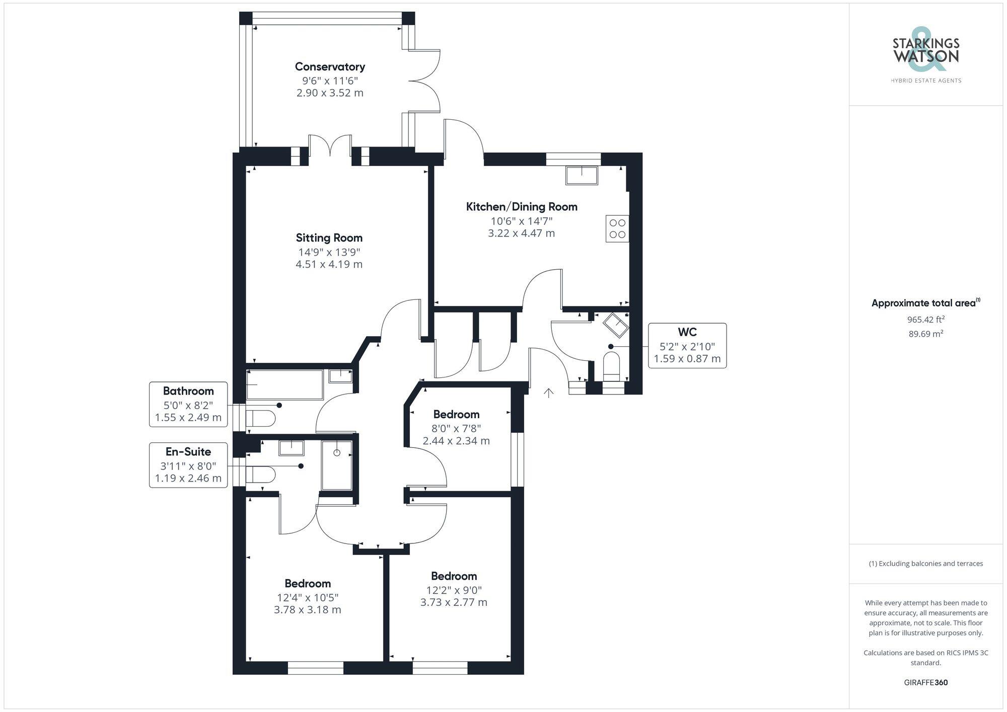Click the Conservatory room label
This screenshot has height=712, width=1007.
[330, 66]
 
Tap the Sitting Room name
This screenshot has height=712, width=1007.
[329, 238]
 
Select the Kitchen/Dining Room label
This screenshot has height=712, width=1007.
[522, 206]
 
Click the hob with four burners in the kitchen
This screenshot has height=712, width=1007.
[617, 228]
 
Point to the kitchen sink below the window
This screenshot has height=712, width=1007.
[582, 176]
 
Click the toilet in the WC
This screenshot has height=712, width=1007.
[611, 366]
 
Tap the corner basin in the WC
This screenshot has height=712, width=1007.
[616, 325]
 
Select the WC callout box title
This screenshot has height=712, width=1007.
[687, 332]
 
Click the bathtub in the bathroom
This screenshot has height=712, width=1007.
[284, 385]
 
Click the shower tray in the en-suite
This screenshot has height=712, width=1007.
[337, 465]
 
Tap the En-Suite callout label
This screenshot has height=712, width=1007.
[188, 452]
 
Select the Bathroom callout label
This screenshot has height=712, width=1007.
[188, 391]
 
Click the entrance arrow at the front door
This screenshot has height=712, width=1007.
[548, 392]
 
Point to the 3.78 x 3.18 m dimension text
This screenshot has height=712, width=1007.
[307, 610]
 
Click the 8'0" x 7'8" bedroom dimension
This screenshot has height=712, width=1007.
[456, 429]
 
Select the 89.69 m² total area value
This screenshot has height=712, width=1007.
[925, 334]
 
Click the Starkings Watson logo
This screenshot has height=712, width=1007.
[926, 55]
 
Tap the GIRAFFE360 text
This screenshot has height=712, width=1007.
[925, 683]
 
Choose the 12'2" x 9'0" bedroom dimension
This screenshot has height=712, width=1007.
[454, 590]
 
